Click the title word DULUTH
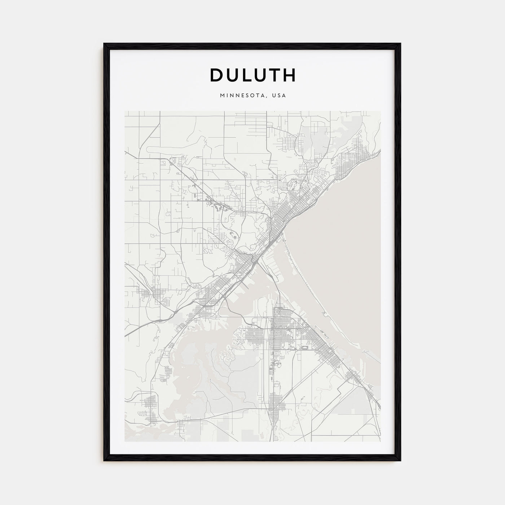[x=252, y=75]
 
